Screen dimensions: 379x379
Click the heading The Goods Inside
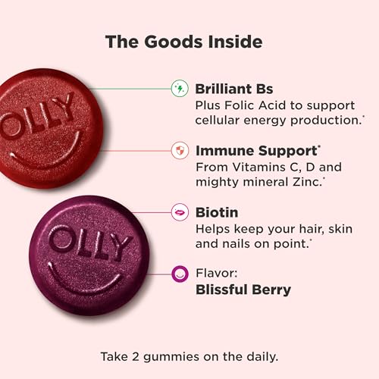coord(189,40)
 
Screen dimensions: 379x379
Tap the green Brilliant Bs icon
coord(180,88)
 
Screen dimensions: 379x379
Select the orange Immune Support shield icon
coord(180,150)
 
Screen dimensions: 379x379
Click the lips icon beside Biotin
coord(180,212)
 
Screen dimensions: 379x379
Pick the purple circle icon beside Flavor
coord(180,272)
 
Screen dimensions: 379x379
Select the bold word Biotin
coord(216,212)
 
